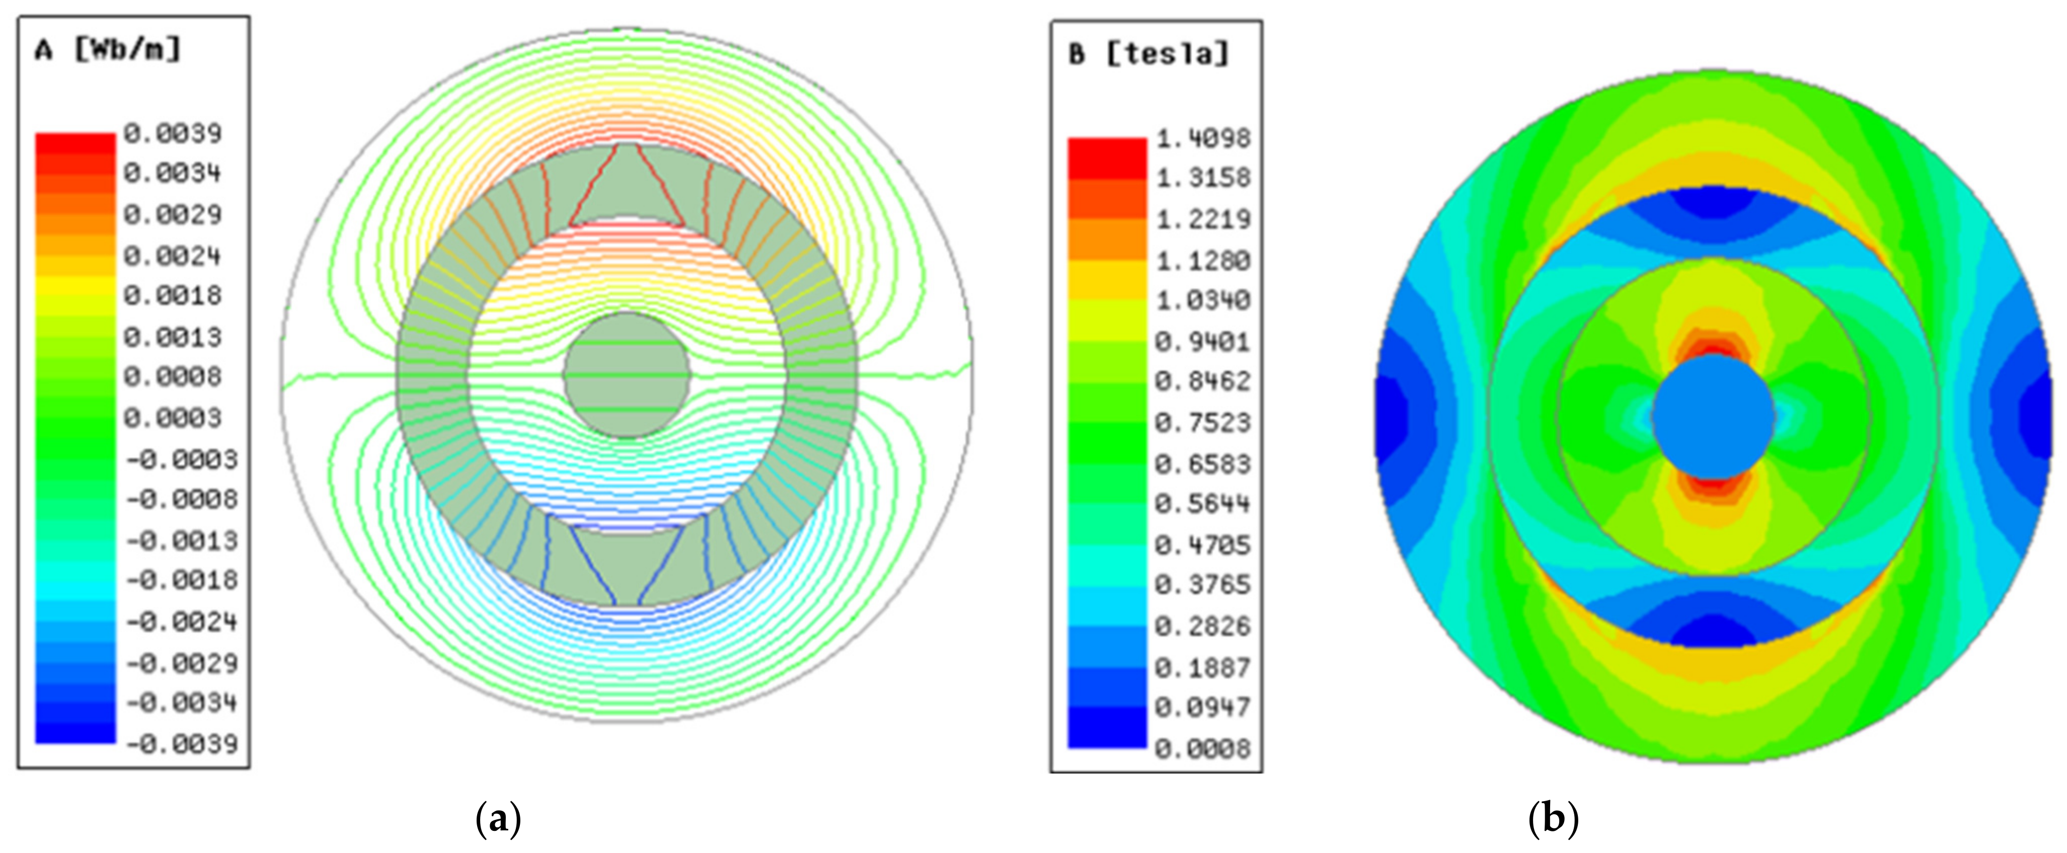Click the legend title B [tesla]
(1148, 54)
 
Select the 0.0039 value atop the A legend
(173, 133)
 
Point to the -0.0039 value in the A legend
(182, 744)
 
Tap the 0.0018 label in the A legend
(173, 296)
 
